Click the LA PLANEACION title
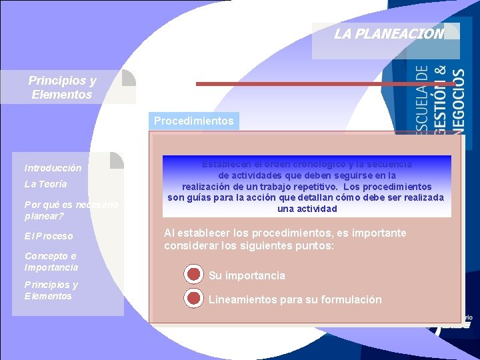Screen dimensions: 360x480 389,34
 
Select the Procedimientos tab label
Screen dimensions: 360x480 193,121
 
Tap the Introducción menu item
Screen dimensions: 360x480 53,168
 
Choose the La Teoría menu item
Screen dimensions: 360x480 45,184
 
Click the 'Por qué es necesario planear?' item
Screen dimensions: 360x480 71,210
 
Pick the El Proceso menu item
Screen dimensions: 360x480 49,236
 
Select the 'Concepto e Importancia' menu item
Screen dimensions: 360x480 51,262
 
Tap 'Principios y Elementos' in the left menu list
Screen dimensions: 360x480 51,291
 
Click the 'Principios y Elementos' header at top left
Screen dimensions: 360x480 62,87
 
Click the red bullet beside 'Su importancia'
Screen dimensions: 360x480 193,275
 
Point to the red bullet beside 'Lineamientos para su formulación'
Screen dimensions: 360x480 193,299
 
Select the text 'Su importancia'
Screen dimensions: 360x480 247,276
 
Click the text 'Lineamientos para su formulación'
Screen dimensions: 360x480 295,300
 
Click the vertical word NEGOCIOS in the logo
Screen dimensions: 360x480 459,100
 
